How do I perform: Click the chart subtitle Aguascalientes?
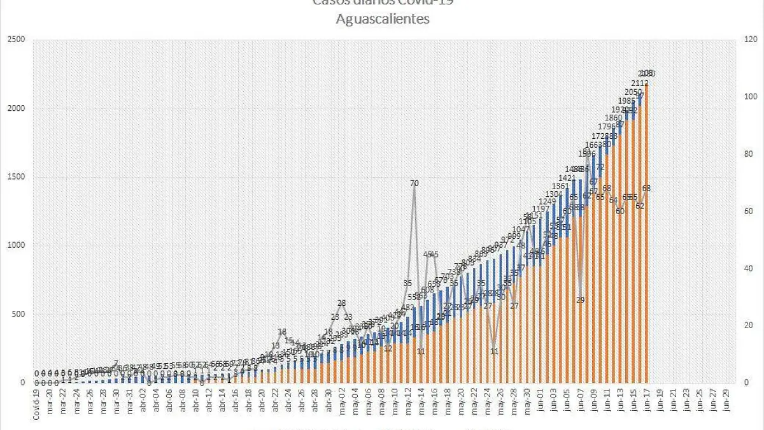(x=383, y=19)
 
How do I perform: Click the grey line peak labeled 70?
(x=414, y=183)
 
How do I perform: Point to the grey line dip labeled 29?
(x=580, y=300)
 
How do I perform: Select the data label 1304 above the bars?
(x=554, y=194)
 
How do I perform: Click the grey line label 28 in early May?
(x=342, y=303)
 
